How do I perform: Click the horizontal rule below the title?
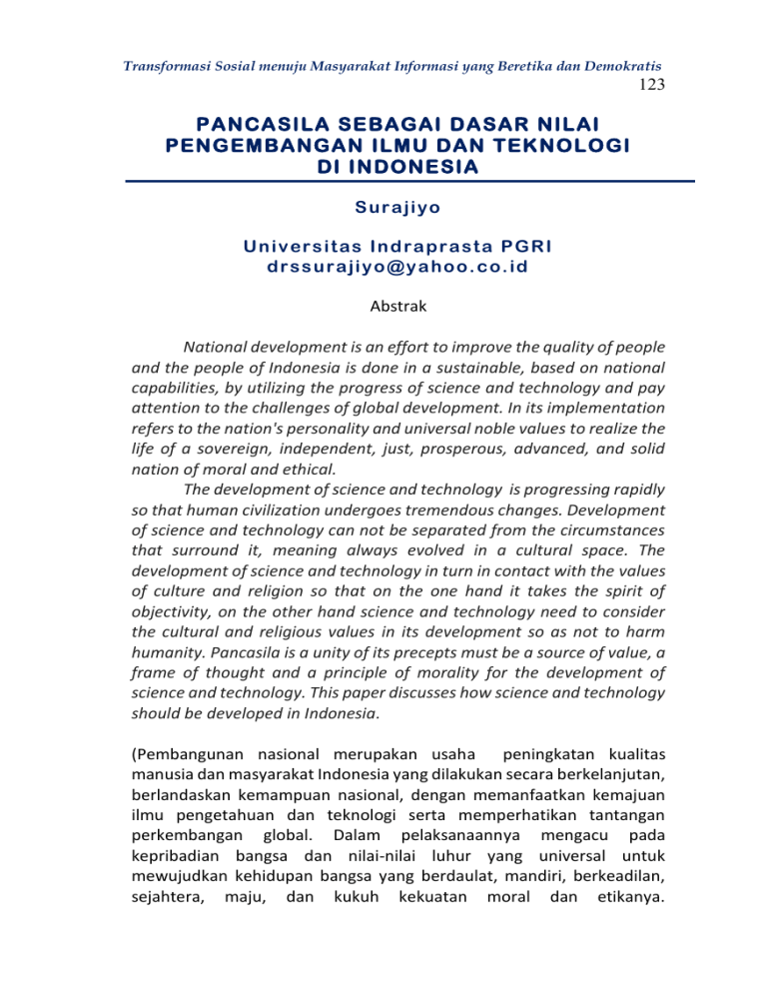click(x=383, y=182)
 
